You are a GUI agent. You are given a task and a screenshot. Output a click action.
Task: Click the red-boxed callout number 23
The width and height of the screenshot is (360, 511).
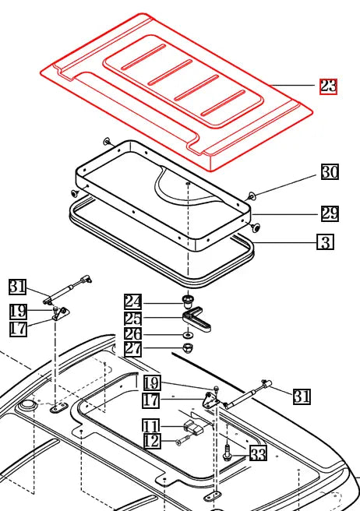pyautogui.click(x=328, y=86)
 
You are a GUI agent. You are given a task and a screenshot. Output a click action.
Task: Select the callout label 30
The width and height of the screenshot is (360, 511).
pyautogui.click(x=330, y=172)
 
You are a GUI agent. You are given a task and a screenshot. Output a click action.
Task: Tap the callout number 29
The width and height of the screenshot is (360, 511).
pyautogui.click(x=330, y=213)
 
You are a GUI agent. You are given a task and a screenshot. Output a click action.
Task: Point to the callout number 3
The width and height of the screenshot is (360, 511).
pyautogui.click(x=325, y=242)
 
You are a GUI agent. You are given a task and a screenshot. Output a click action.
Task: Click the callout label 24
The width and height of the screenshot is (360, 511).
pyautogui.click(x=133, y=301)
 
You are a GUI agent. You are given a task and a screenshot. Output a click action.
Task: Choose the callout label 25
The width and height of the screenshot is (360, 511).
pyautogui.click(x=133, y=318)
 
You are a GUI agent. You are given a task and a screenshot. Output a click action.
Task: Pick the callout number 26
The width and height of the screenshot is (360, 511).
pyautogui.click(x=133, y=333)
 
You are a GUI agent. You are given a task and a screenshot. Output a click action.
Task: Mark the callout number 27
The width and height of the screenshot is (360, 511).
pyautogui.click(x=133, y=349)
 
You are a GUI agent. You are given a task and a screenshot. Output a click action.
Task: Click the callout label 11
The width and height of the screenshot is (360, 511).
pyautogui.click(x=150, y=425)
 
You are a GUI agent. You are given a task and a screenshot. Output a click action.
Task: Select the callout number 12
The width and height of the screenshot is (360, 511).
pyautogui.click(x=150, y=441)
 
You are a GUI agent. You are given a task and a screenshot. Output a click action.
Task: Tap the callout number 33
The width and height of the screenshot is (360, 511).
pyautogui.click(x=258, y=453)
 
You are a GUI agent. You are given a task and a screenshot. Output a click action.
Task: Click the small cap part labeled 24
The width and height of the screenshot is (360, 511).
pyautogui.click(x=187, y=300)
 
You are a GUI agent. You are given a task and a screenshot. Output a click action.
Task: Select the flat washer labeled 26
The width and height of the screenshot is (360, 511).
pyautogui.click(x=187, y=334)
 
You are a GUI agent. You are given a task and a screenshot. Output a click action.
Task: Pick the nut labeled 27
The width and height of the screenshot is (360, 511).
pyautogui.click(x=187, y=348)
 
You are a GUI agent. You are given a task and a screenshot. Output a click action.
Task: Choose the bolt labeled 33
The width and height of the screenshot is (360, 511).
pyautogui.click(x=225, y=451)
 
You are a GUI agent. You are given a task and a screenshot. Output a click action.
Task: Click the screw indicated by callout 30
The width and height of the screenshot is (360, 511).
pyautogui.click(x=252, y=196)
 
